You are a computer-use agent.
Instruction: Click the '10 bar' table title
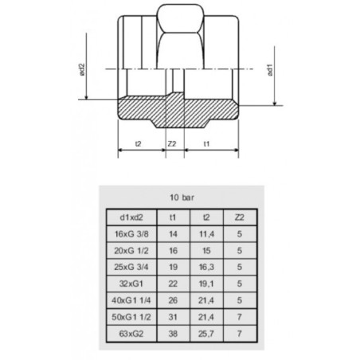[179, 195]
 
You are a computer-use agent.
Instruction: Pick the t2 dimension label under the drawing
[139, 145]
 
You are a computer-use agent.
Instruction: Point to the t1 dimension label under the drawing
[206, 145]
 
